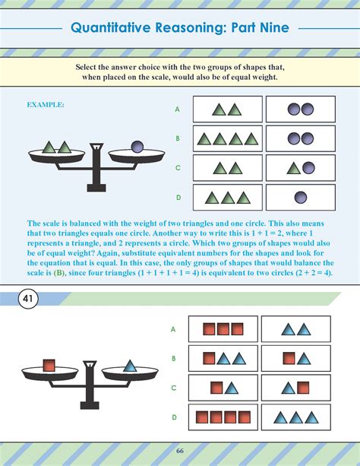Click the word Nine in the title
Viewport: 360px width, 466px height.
[x=274, y=27]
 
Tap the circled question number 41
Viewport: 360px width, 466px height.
[x=28, y=298]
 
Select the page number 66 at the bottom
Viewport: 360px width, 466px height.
[x=180, y=451]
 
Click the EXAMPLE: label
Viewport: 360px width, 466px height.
[x=46, y=105]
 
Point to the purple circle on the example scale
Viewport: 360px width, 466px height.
[x=137, y=147]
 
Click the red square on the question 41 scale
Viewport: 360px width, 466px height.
[x=49, y=366]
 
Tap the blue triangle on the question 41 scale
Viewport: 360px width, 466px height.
[x=130, y=366]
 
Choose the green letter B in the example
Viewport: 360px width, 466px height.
[x=178, y=138]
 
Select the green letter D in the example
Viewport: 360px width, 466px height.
[x=178, y=198]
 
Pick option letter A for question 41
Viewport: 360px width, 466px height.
[x=173, y=329]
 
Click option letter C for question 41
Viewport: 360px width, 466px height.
[x=174, y=388]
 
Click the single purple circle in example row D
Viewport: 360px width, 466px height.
[x=301, y=198]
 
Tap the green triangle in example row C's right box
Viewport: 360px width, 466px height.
[x=294, y=169]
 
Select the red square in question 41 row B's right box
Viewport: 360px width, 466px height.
[x=289, y=358]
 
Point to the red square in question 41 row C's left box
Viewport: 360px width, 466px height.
[x=216, y=388]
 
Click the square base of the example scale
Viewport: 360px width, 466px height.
[x=96, y=188]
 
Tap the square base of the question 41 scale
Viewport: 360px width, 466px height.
[x=90, y=405]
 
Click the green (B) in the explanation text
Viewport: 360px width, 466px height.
[x=58, y=273]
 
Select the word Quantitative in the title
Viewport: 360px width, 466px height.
[x=111, y=27]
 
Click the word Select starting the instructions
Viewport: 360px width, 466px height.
[x=85, y=67]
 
